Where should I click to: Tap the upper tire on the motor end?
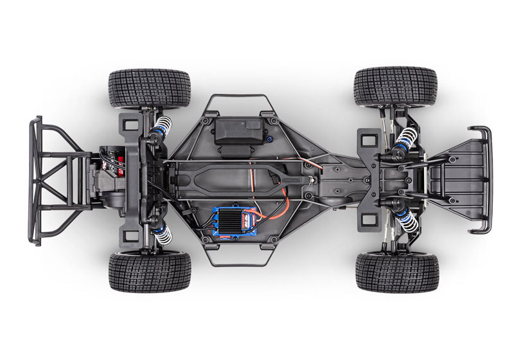[x=150, y=88]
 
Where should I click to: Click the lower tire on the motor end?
[x=150, y=271]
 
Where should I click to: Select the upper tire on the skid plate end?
[x=395, y=85]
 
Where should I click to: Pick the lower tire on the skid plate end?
[x=396, y=272]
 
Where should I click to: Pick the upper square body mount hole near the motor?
[x=130, y=123]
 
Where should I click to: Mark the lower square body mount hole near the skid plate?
[x=369, y=219]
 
